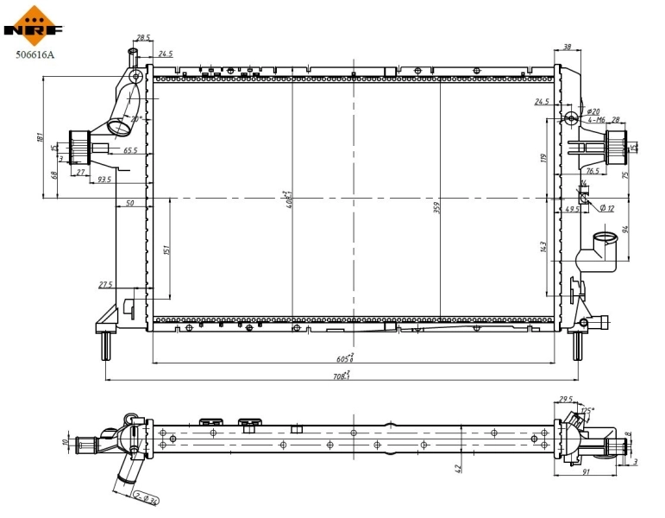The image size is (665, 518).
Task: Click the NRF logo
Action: pyautogui.click(x=35, y=25)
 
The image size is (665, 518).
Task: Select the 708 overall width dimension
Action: pyautogui.click(x=342, y=375)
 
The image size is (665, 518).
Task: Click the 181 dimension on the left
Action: pyautogui.click(x=41, y=137)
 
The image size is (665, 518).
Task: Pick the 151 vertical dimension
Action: pyautogui.click(x=166, y=250)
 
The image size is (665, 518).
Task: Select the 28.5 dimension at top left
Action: pyautogui.click(x=143, y=38)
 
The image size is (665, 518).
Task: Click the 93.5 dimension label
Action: pyautogui.click(x=104, y=180)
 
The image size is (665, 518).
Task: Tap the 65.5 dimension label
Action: pyautogui.click(x=130, y=150)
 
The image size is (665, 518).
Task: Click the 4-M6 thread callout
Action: pyautogui.click(x=596, y=120)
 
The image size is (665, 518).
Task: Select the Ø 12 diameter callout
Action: pyautogui.click(x=606, y=208)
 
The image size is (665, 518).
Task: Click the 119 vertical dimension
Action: pyautogui.click(x=543, y=157)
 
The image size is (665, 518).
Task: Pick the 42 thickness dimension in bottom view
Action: pyautogui.click(x=459, y=469)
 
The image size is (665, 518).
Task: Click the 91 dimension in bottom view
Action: pyautogui.click(x=586, y=472)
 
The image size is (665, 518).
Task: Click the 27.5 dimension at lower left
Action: pyautogui.click(x=106, y=284)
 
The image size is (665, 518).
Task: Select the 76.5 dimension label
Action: pyautogui.click(x=593, y=171)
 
